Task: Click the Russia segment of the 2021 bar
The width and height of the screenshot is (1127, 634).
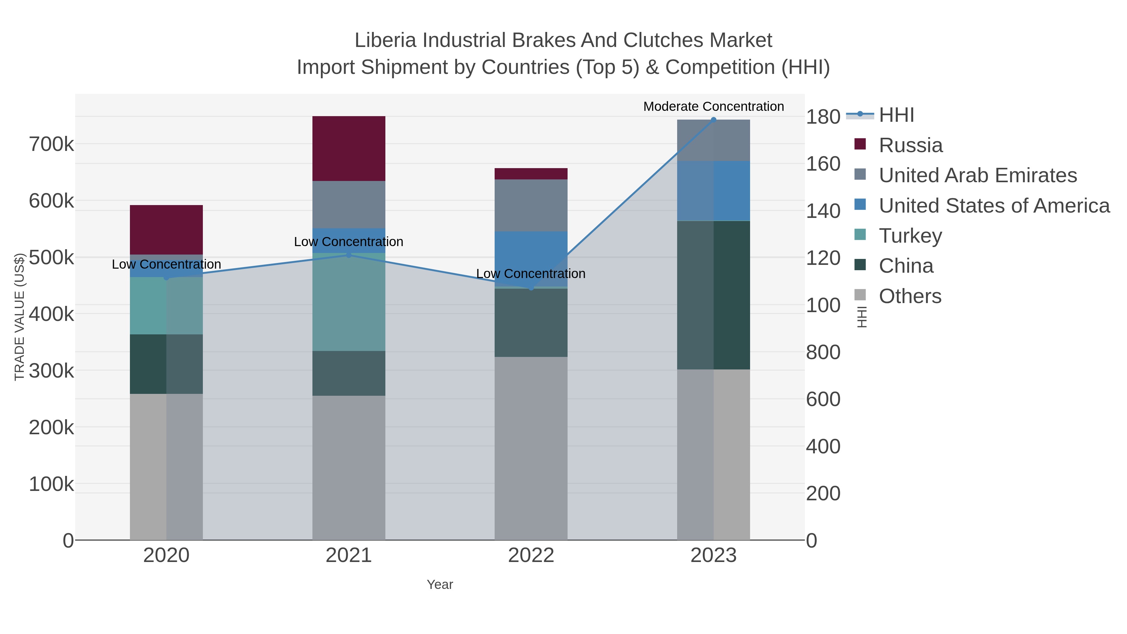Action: click(x=349, y=148)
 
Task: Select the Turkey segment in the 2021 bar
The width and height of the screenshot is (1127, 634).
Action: click(x=349, y=302)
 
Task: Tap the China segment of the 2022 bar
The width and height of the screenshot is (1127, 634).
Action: click(x=531, y=322)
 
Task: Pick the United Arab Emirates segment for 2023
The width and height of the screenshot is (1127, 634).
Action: click(x=713, y=140)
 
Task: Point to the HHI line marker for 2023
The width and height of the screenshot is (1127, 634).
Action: click(x=713, y=120)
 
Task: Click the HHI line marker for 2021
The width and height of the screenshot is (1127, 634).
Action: click(x=349, y=255)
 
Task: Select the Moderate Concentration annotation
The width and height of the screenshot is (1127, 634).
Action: click(x=713, y=106)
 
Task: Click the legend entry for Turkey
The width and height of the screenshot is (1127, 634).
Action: click(x=910, y=236)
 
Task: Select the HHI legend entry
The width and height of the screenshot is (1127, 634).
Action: click(x=896, y=115)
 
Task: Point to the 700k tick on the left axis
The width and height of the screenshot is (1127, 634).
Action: click(x=51, y=144)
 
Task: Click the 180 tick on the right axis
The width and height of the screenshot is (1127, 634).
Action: click(x=822, y=117)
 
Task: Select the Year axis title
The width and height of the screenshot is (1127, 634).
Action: click(x=440, y=585)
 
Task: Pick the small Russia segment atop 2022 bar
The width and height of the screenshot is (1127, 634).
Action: click(x=531, y=174)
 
